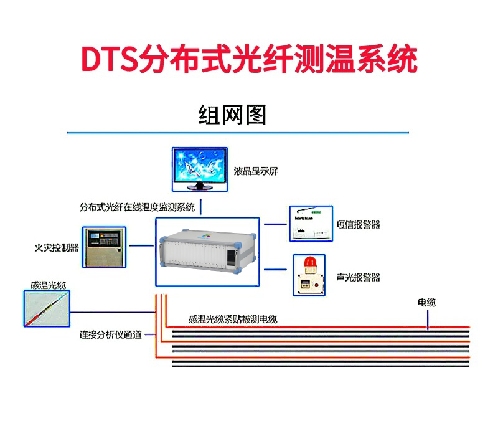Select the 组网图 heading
(x=232, y=115)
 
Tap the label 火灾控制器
(x=57, y=247)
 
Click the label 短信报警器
(x=358, y=224)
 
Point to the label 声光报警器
(x=358, y=277)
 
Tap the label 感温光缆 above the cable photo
(x=48, y=285)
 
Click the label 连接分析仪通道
(x=110, y=335)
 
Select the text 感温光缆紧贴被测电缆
(x=232, y=320)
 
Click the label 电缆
(x=426, y=303)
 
